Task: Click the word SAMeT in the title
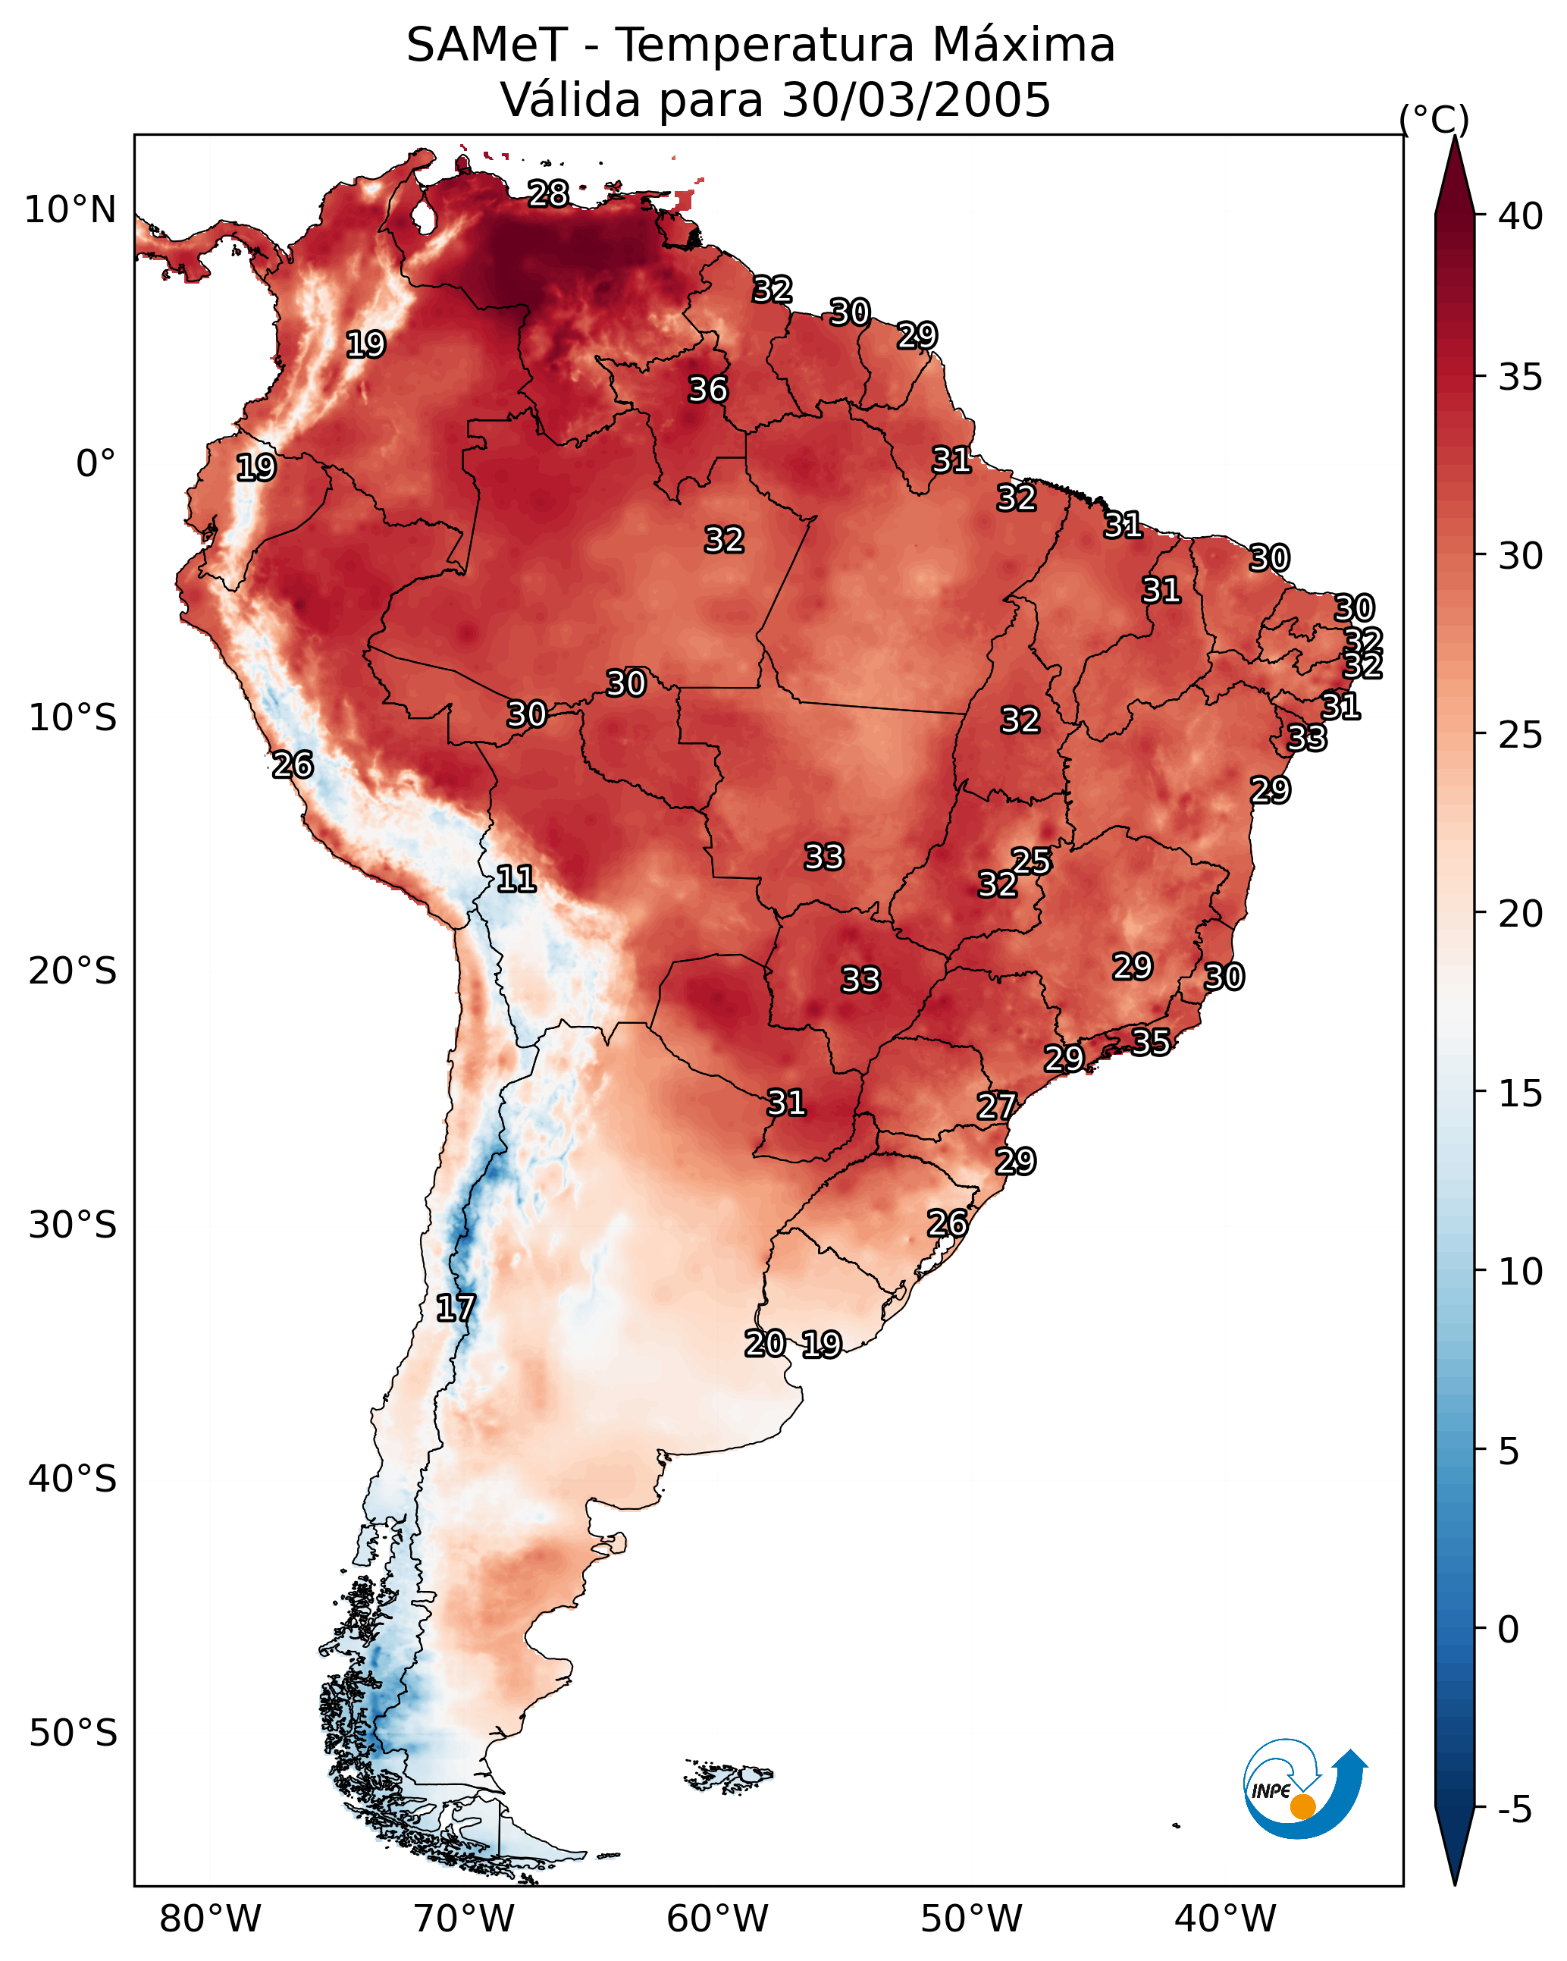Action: tap(487, 45)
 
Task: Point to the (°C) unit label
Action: tap(1434, 119)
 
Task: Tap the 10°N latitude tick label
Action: tap(70, 210)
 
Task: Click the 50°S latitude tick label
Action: tap(73, 1734)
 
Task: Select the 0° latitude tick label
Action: tap(96, 464)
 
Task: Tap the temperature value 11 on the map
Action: tap(516, 879)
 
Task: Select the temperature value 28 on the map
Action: tap(548, 193)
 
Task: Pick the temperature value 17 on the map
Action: tap(455, 1308)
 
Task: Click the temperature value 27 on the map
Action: tap(996, 1107)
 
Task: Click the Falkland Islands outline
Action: tap(728, 1774)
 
